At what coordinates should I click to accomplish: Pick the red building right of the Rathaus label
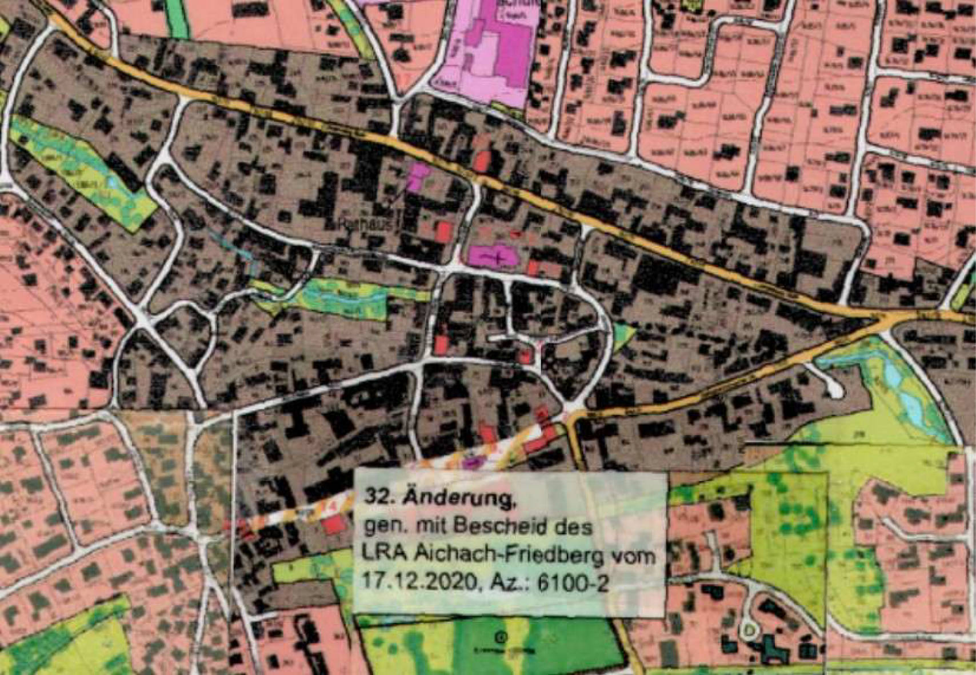click(x=444, y=232)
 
